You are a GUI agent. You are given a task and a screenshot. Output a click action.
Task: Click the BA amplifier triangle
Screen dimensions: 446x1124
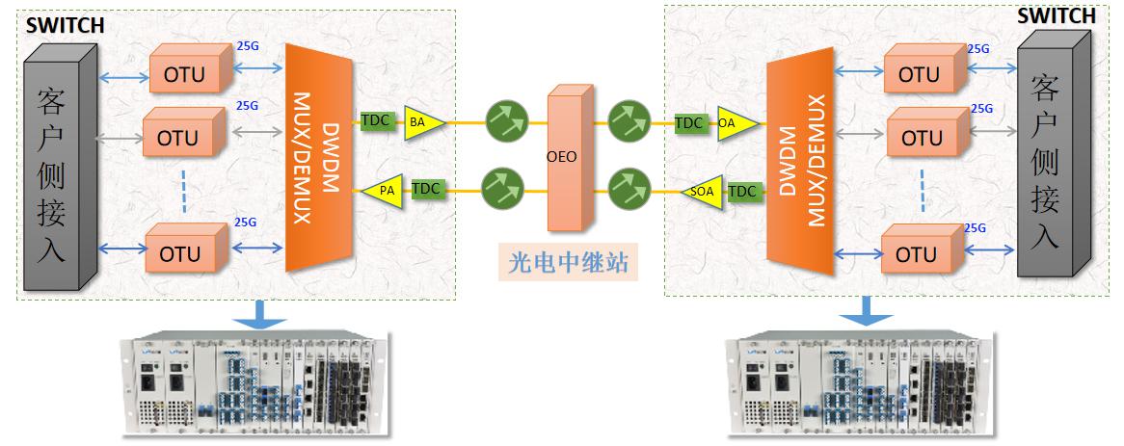(422, 121)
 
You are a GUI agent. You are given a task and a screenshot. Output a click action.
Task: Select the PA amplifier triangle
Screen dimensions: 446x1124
(383, 191)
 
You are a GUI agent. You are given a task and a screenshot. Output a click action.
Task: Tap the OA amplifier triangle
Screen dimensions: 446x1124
(732, 122)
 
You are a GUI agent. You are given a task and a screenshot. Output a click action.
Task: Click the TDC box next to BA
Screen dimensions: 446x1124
(376, 121)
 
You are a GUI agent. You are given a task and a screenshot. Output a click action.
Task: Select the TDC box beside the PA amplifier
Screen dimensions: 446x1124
(426, 190)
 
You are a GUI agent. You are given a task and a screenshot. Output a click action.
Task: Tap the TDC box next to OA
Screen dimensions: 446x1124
(688, 122)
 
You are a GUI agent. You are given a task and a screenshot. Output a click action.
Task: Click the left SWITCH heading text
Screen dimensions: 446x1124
(66, 26)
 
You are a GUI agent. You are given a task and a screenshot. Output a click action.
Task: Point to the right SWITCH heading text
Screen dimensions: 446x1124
(1057, 16)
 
